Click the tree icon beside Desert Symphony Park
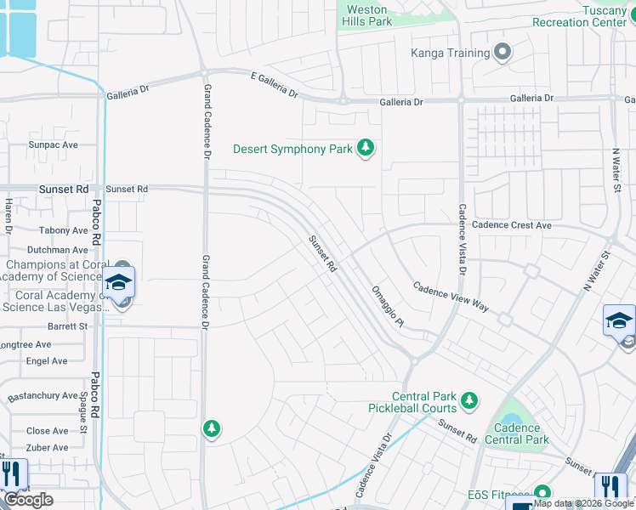[x=366, y=150]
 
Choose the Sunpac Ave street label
[x=53, y=145]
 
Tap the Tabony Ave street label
[x=63, y=230]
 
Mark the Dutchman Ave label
[x=57, y=250]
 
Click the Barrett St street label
[x=67, y=326]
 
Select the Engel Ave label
[x=47, y=361]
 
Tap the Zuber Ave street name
[x=47, y=447]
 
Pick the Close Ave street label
[x=47, y=431]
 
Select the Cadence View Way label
[x=451, y=297]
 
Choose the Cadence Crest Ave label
[x=512, y=225]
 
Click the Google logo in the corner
[x=28, y=500]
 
